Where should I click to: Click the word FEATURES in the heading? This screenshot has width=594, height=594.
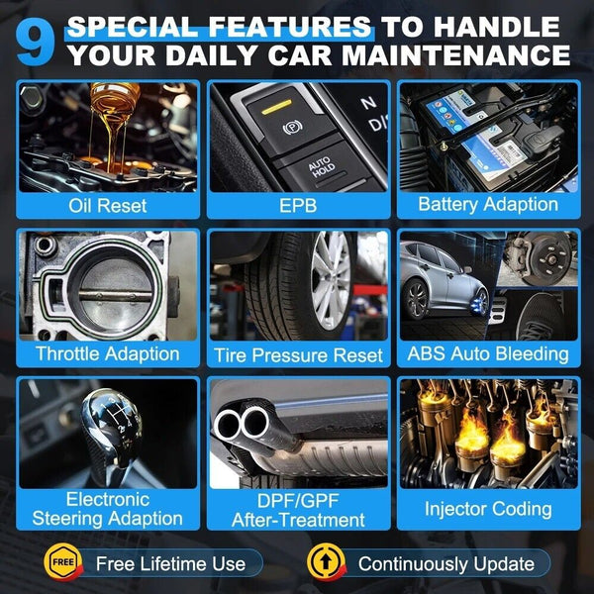pyautogui.click(x=290, y=27)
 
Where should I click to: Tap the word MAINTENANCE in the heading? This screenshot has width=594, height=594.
pyautogui.click(x=456, y=54)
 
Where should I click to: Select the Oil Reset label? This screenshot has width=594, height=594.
pyautogui.click(x=108, y=206)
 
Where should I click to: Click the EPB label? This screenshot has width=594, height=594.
pyautogui.click(x=298, y=206)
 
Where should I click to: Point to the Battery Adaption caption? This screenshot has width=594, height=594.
pyautogui.click(x=488, y=205)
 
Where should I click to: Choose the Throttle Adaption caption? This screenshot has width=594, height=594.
pyautogui.click(x=108, y=354)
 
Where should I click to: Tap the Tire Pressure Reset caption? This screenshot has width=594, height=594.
pyautogui.click(x=299, y=355)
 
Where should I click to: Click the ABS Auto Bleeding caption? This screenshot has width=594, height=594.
pyautogui.click(x=488, y=354)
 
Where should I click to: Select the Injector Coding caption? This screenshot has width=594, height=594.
pyautogui.click(x=488, y=509)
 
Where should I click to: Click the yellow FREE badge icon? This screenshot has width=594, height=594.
pyautogui.click(x=63, y=561)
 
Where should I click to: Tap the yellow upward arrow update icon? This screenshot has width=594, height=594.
pyautogui.click(x=326, y=562)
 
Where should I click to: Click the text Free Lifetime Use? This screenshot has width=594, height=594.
pyautogui.click(x=171, y=563)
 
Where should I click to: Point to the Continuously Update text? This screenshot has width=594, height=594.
pyautogui.click(x=446, y=564)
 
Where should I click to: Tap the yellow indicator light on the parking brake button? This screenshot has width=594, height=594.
pyautogui.click(x=277, y=107)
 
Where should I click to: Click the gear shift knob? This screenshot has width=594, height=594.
pyautogui.click(x=111, y=428)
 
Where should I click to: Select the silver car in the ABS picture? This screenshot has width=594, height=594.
pyautogui.click(x=444, y=280)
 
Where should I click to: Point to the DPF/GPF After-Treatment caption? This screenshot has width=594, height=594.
pyautogui.click(x=299, y=510)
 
